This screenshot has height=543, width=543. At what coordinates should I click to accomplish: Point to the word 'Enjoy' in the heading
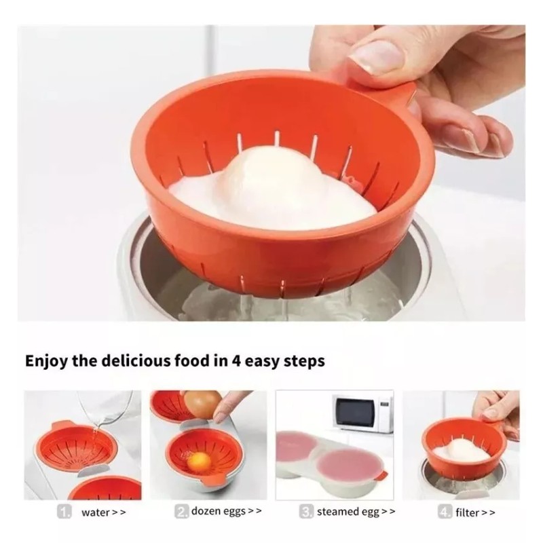click(x=48, y=360)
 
